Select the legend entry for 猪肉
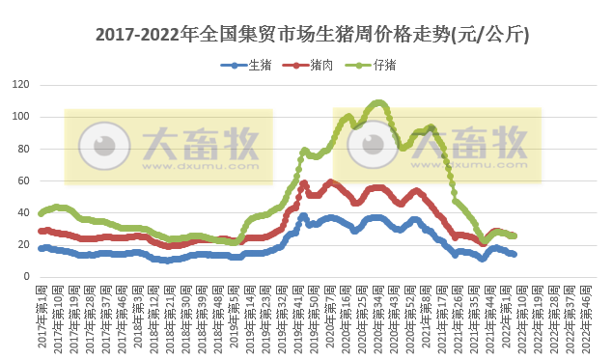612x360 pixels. coord(312,66)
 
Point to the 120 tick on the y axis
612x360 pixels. coord(22,85)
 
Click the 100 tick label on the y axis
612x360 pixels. coord(22,117)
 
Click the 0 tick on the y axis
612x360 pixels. coord(28,276)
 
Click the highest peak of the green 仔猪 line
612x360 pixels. coord(377,102)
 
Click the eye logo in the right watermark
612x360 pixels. coord(372,146)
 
